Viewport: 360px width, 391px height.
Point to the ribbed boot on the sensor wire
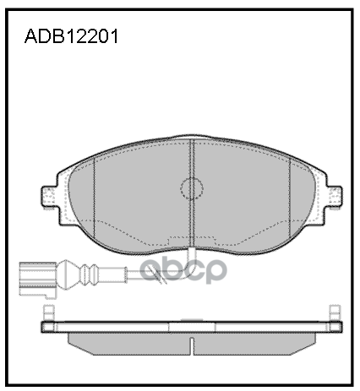(x=84, y=274)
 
